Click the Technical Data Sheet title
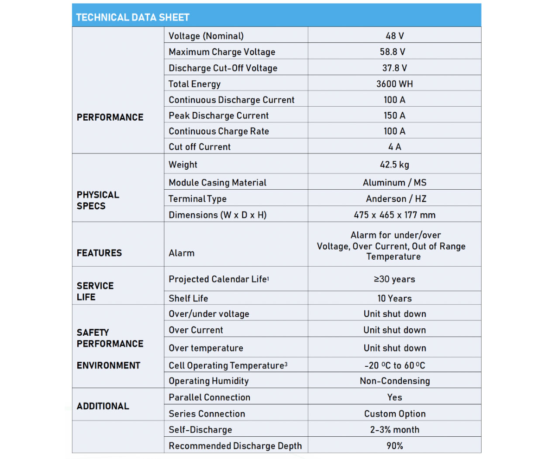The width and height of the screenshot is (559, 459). tap(132, 17)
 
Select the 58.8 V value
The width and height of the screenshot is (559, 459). tap(392, 52)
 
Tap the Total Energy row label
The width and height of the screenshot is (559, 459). tap(194, 84)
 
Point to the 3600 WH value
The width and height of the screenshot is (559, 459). tap(394, 84)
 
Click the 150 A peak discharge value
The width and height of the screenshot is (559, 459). tap(394, 115)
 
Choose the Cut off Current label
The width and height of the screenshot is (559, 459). tap(200, 147)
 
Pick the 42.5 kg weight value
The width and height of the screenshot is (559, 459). tap(394, 165)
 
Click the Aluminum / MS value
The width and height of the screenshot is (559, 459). tap(394, 183)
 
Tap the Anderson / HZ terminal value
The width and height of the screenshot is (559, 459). tap(396, 199)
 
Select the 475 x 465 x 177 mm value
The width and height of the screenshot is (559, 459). tap(394, 215)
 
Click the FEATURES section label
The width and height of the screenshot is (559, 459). tap(99, 253)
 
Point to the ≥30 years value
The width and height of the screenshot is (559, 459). tap(394, 279)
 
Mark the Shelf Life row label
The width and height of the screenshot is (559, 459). tap(188, 299)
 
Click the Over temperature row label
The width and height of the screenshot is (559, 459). tap(206, 348)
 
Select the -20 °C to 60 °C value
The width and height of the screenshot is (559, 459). tap(395, 365)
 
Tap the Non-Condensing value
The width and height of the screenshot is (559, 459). tap(395, 381)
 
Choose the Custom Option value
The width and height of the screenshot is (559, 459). tap(395, 414)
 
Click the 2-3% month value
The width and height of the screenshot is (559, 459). tap(395, 430)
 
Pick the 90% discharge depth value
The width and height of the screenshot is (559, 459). tap(395, 446)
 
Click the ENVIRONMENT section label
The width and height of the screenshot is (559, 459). tap(108, 365)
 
